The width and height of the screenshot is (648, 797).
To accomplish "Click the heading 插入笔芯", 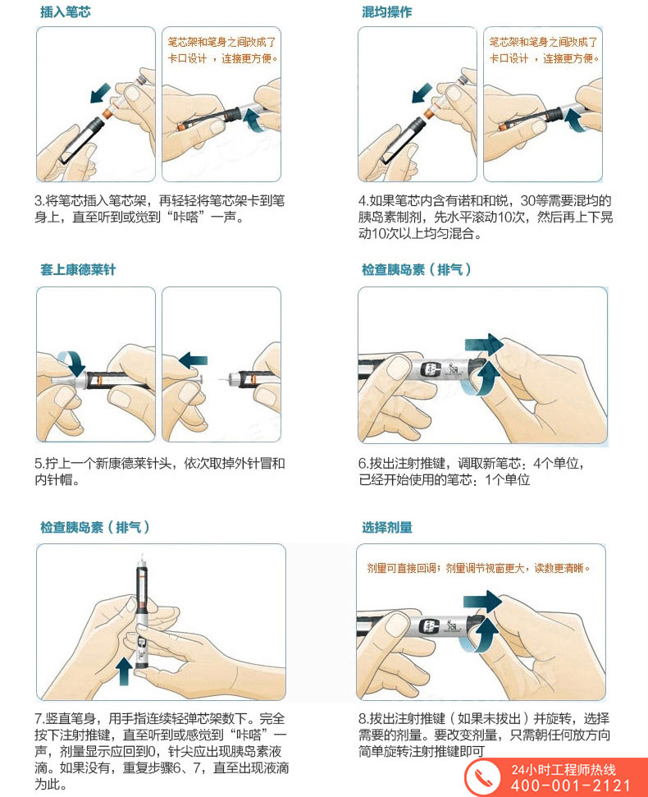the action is [66, 11].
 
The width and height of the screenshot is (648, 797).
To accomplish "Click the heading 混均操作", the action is [387, 11].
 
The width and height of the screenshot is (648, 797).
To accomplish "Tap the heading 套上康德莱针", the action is [78, 269].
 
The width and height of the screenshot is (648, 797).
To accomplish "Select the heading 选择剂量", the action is [387, 527].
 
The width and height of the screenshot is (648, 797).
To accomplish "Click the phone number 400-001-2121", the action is [571, 786].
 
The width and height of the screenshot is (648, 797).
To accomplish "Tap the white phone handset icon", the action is [483, 778].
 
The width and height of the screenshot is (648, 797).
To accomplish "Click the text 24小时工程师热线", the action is [564, 770].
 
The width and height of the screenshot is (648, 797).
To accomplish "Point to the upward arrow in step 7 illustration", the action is [125, 671].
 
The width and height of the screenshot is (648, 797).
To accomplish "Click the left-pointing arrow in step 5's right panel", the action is [193, 360].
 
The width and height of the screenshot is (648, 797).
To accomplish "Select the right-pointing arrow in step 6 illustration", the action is [484, 345].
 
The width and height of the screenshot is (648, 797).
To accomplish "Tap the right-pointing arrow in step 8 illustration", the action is [482, 602].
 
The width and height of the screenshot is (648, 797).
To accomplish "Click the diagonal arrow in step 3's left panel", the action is [100, 93].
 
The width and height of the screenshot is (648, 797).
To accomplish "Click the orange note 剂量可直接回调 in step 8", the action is [401, 568].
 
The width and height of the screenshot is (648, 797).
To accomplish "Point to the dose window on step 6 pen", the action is [431, 369].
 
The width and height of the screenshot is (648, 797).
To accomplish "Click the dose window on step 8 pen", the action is [429, 627].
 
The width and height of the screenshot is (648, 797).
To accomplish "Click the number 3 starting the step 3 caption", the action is [39, 201].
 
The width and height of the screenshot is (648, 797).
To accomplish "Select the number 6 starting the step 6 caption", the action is [362, 464].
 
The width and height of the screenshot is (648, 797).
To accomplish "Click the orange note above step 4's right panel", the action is [543, 50].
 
